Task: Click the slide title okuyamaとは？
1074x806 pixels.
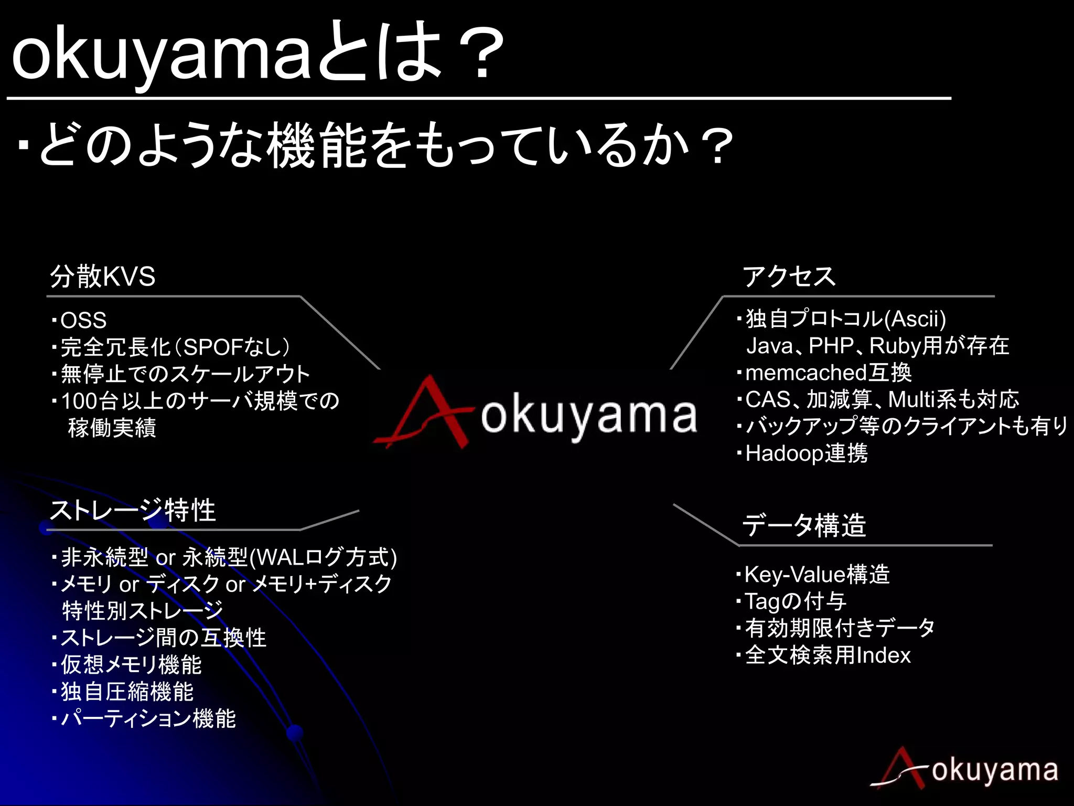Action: (257, 52)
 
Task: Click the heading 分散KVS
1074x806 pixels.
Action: (103, 277)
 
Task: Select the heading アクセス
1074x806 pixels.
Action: (789, 277)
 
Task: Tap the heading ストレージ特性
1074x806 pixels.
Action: (133, 510)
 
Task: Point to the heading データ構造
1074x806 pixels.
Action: (804, 525)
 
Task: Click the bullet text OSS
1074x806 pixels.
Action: (83, 320)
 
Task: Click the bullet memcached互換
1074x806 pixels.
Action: (828, 373)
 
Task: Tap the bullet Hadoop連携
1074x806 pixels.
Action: (806, 453)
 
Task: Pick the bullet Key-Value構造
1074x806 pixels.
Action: (817, 575)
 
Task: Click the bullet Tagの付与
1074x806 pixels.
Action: (795, 601)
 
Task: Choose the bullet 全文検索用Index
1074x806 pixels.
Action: (828, 655)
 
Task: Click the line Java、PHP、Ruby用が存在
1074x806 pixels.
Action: (877, 346)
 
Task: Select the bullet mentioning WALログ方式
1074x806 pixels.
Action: (229, 557)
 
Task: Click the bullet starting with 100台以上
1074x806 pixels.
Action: (200, 401)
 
